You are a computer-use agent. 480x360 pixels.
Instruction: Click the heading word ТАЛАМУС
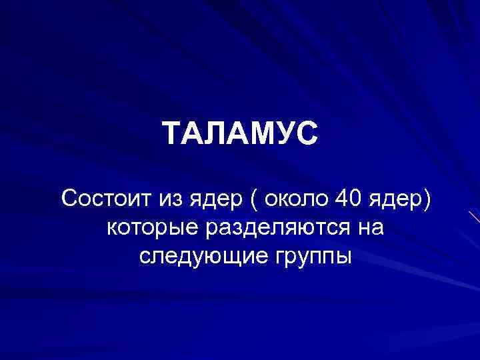[x=240, y=134]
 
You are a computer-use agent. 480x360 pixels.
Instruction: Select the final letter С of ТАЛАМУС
[x=307, y=134]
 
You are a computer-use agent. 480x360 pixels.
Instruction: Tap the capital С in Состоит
[x=69, y=198]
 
